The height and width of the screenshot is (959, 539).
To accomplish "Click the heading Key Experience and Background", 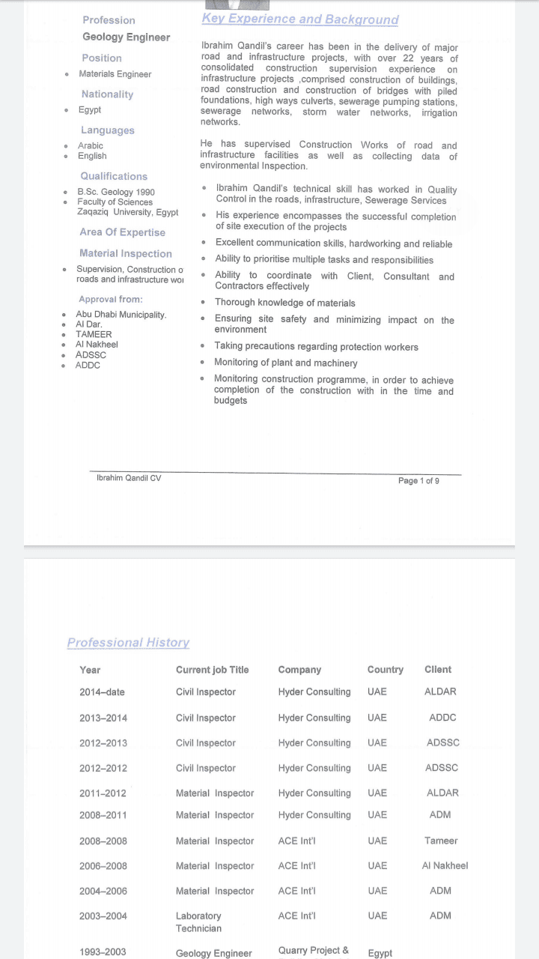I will [x=299, y=19].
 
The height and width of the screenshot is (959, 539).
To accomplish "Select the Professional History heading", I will [x=128, y=643].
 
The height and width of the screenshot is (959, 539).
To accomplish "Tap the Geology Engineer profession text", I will [x=126, y=37].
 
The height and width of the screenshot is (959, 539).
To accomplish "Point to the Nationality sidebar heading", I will [x=107, y=94].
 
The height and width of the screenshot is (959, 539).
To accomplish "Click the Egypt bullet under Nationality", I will [x=90, y=110].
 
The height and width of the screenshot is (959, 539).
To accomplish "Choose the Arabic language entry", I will [x=91, y=146].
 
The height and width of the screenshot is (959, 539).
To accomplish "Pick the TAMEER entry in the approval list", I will [x=94, y=335].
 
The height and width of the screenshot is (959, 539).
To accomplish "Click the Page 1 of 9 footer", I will [x=418, y=481].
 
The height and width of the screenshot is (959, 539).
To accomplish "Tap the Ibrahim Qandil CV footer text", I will [x=129, y=478].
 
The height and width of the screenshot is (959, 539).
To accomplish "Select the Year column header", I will [x=90, y=670].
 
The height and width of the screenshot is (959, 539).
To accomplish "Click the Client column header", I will [x=438, y=670].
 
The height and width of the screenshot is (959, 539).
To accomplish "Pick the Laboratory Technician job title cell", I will [x=198, y=922].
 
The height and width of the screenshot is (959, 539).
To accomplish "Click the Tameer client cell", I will [x=441, y=841].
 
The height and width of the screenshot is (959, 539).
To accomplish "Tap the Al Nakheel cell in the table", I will [x=445, y=866].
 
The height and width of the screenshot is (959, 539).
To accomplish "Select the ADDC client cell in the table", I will [x=442, y=718].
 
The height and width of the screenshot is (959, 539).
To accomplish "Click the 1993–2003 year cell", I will [x=103, y=952].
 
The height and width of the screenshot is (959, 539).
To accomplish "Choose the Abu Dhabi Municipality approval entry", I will [x=121, y=315].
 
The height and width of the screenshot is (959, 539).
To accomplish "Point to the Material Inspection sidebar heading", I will [x=126, y=254].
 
